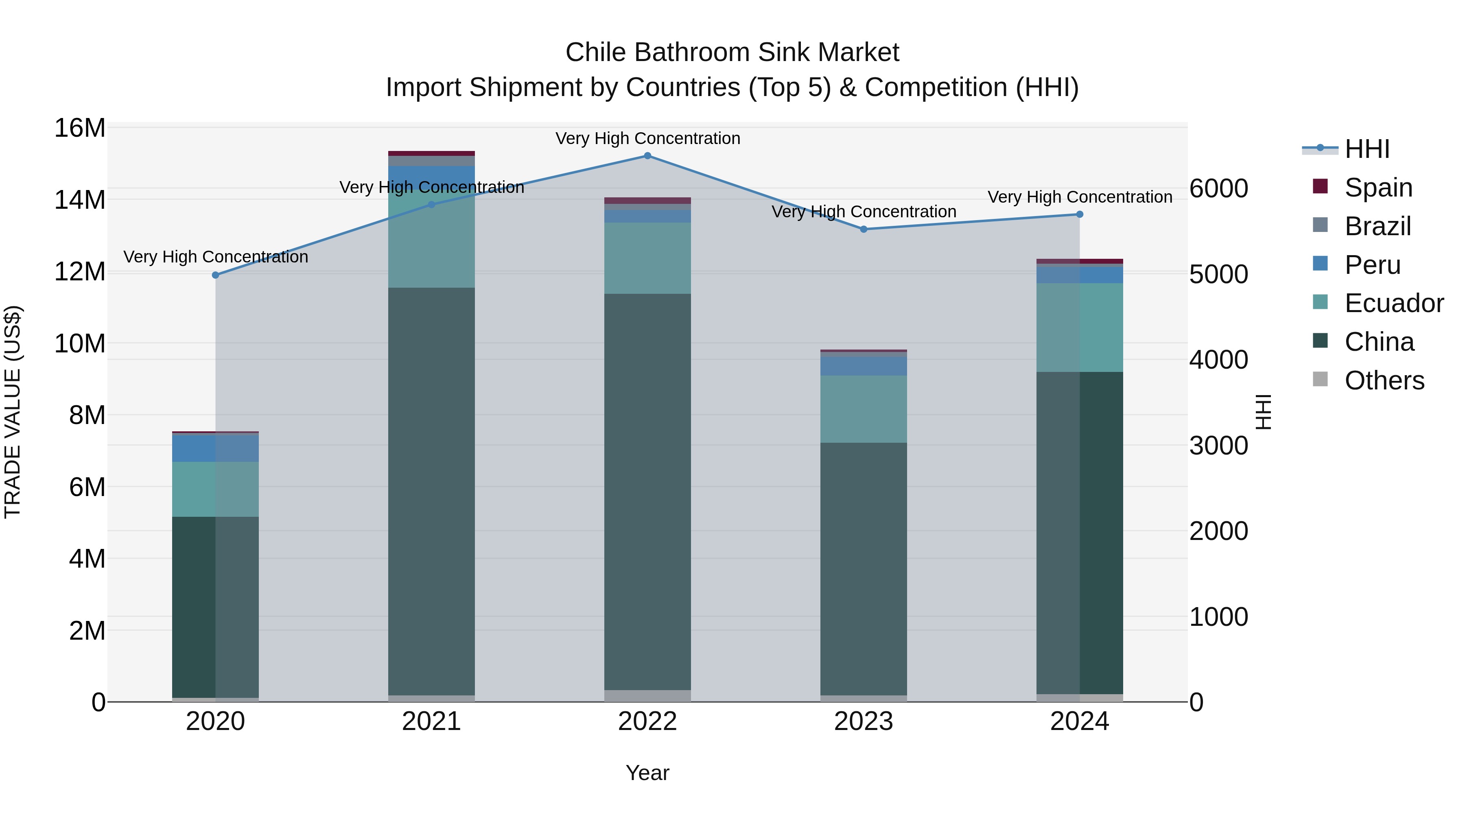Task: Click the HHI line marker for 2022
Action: coord(647,156)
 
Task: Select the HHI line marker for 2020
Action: coord(216,275)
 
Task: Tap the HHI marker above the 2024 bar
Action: coord(1079,214)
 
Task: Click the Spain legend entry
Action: coord(1378,188)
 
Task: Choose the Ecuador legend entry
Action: coord(1393,303)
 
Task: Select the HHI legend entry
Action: coord(1367,149)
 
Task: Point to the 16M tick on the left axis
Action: coord(80,128)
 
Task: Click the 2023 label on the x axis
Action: coord(863,721)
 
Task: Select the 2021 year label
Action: coord(431,721)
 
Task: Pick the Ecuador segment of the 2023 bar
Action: coord(863,409)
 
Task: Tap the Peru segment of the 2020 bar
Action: coord(216,448)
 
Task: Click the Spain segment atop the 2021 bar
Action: coord(431,153)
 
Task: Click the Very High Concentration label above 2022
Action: coord(647,139)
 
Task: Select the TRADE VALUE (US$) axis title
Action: coord(13,412)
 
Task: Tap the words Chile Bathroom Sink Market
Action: coord(732,52)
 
